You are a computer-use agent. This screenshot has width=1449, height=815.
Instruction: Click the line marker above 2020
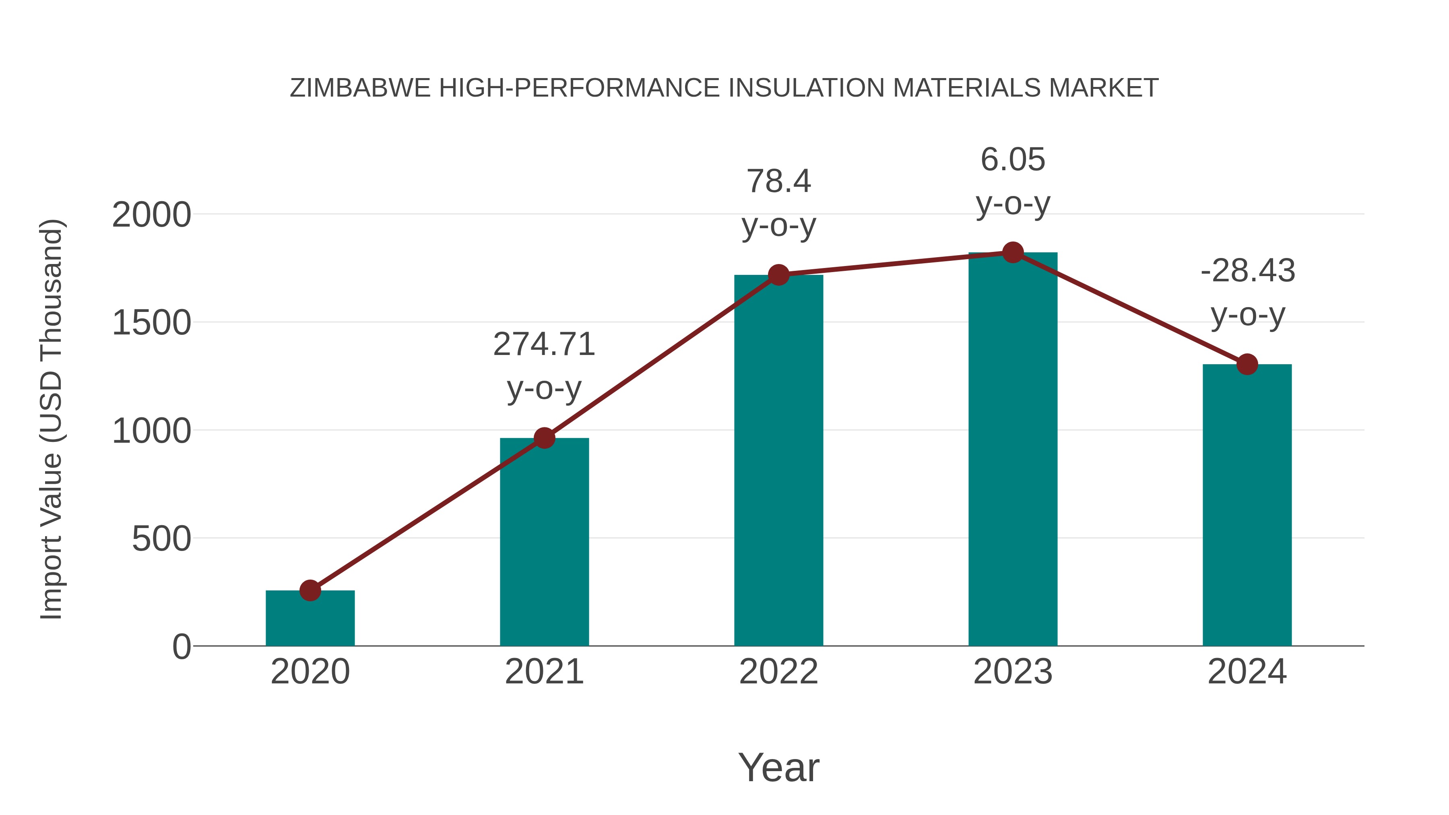[x=310, y=590]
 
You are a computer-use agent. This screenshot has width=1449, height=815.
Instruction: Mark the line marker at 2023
[x=1013, y=252]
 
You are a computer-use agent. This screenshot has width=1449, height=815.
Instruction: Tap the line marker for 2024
[x=1247, y=365]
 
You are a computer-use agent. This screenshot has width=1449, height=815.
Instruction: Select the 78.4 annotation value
[x=778, y=181]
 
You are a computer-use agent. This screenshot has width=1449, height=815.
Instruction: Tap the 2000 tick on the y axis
[x=151, y=215]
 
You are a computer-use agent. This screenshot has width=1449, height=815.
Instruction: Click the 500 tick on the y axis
[x=161, y=539]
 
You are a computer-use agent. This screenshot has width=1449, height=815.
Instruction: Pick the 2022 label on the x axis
[x=778, y=672]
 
